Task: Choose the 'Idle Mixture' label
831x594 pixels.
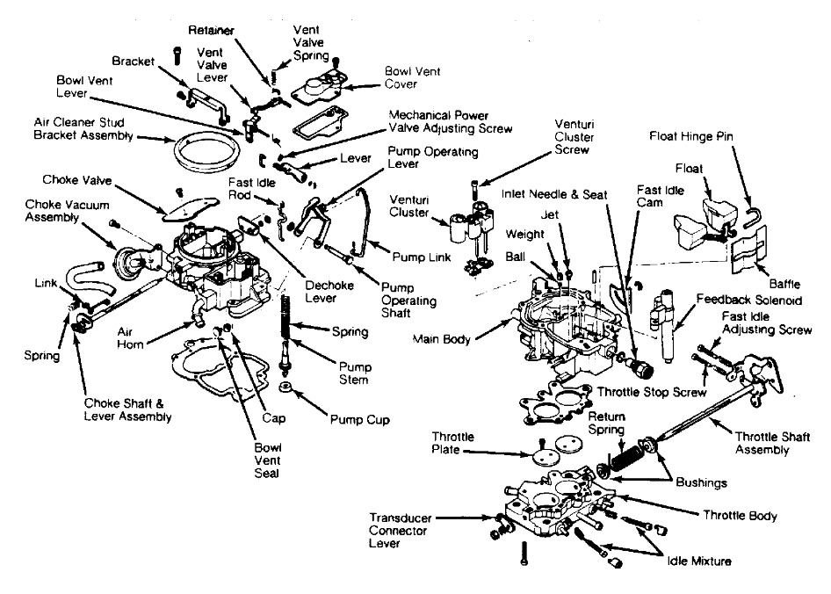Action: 698,560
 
